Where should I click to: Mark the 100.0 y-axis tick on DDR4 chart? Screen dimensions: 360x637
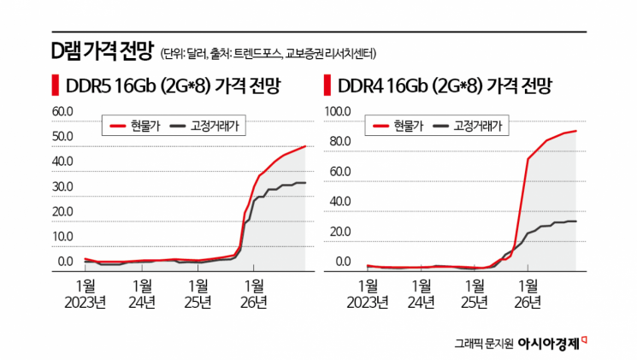coord(337,111)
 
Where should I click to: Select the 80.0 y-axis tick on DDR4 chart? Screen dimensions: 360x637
coord(339,141)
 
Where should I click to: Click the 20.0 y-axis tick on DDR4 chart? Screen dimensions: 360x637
coord(339,232)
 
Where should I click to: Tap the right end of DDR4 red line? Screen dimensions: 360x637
coord(575,131)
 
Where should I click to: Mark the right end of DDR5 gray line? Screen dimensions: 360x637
coord(305,182)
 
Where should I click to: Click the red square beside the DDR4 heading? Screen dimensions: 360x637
coord(327,86)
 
